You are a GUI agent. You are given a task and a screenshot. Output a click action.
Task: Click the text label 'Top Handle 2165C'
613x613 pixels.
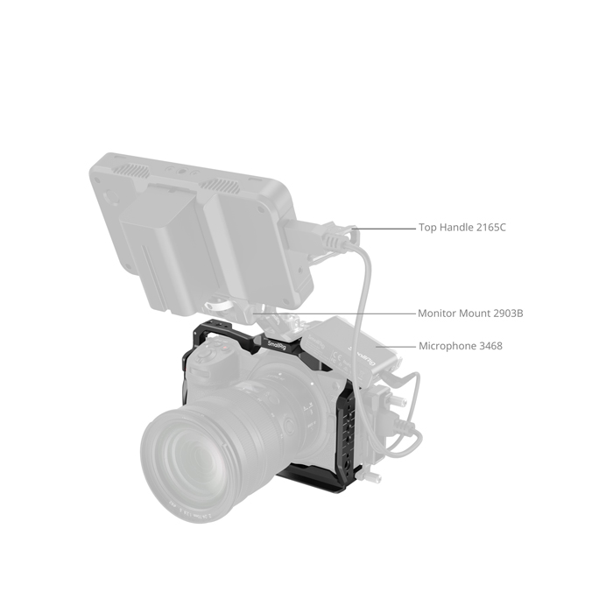coord(462,228)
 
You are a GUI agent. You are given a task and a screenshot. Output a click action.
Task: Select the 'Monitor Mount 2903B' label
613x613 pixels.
coord(470,314)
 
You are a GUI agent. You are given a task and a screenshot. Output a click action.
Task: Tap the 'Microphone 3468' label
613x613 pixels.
coord(461,346)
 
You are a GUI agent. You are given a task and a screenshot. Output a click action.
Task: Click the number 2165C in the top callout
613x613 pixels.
coord(491,228)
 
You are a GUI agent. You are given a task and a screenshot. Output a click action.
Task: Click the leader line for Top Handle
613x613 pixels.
coord(384,229)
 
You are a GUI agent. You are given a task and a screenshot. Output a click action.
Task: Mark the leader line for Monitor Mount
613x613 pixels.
coord(335,314)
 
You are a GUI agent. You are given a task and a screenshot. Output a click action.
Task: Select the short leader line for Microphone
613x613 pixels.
coord(396,347)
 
